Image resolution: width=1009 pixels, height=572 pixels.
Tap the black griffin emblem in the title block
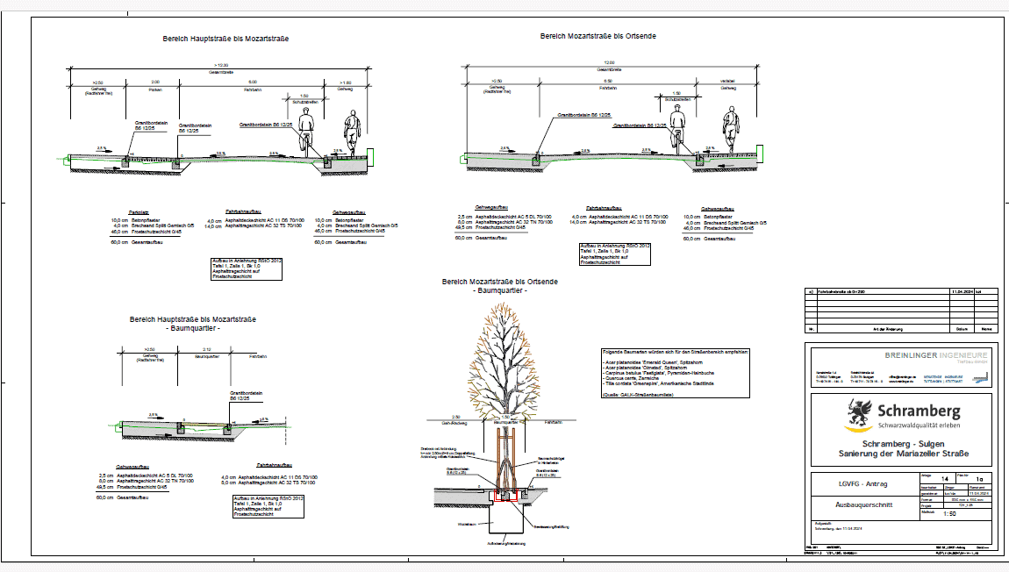(x=857, y=411)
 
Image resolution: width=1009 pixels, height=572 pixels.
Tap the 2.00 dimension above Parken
(x=155, y=81)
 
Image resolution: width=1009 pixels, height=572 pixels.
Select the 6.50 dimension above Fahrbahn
(x=607, y=81)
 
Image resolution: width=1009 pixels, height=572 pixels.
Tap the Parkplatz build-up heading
(x=138, y=211)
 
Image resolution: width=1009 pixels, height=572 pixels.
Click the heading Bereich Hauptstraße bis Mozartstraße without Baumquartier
(x=225, y=39)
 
